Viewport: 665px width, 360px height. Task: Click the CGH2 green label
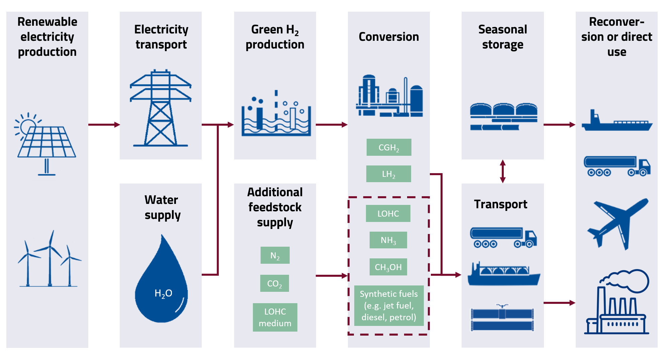pos(389,147)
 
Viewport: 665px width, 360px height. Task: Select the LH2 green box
pos(388,174)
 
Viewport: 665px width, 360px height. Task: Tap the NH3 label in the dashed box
pos(388,240)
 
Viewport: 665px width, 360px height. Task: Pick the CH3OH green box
pos(388,267)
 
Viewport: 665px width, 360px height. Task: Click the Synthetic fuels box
pos(389,306)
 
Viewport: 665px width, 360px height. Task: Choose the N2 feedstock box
pos(275,255)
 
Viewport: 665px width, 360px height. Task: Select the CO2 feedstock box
pos(274,283)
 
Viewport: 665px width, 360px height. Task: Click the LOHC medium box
pos(275,317)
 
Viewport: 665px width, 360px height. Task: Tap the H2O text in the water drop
pos(163,293)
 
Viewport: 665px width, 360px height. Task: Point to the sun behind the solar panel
pos(27,126)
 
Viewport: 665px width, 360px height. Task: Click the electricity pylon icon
pos(161,109)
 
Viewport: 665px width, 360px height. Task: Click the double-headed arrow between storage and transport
pos(502,171)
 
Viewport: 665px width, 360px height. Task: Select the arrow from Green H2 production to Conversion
pos(331,125)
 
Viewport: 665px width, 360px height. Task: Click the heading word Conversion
pos(389,37)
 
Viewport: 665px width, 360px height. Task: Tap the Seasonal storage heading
pos(502,37)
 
